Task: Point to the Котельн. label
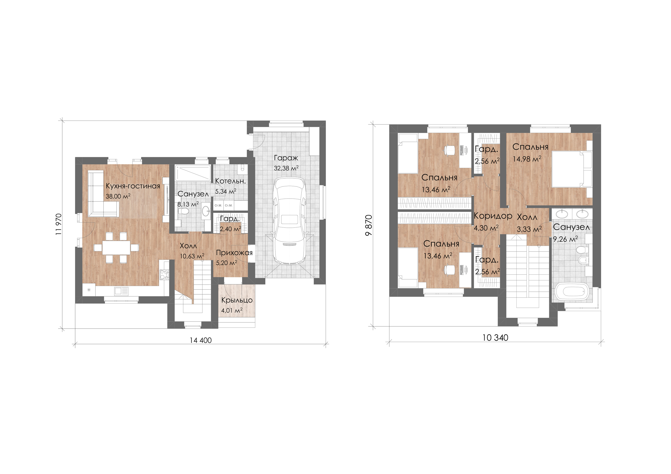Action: pos(230,181)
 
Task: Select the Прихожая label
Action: pos(234,253)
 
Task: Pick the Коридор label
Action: pos(493,216)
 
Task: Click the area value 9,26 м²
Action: pos(565,239)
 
